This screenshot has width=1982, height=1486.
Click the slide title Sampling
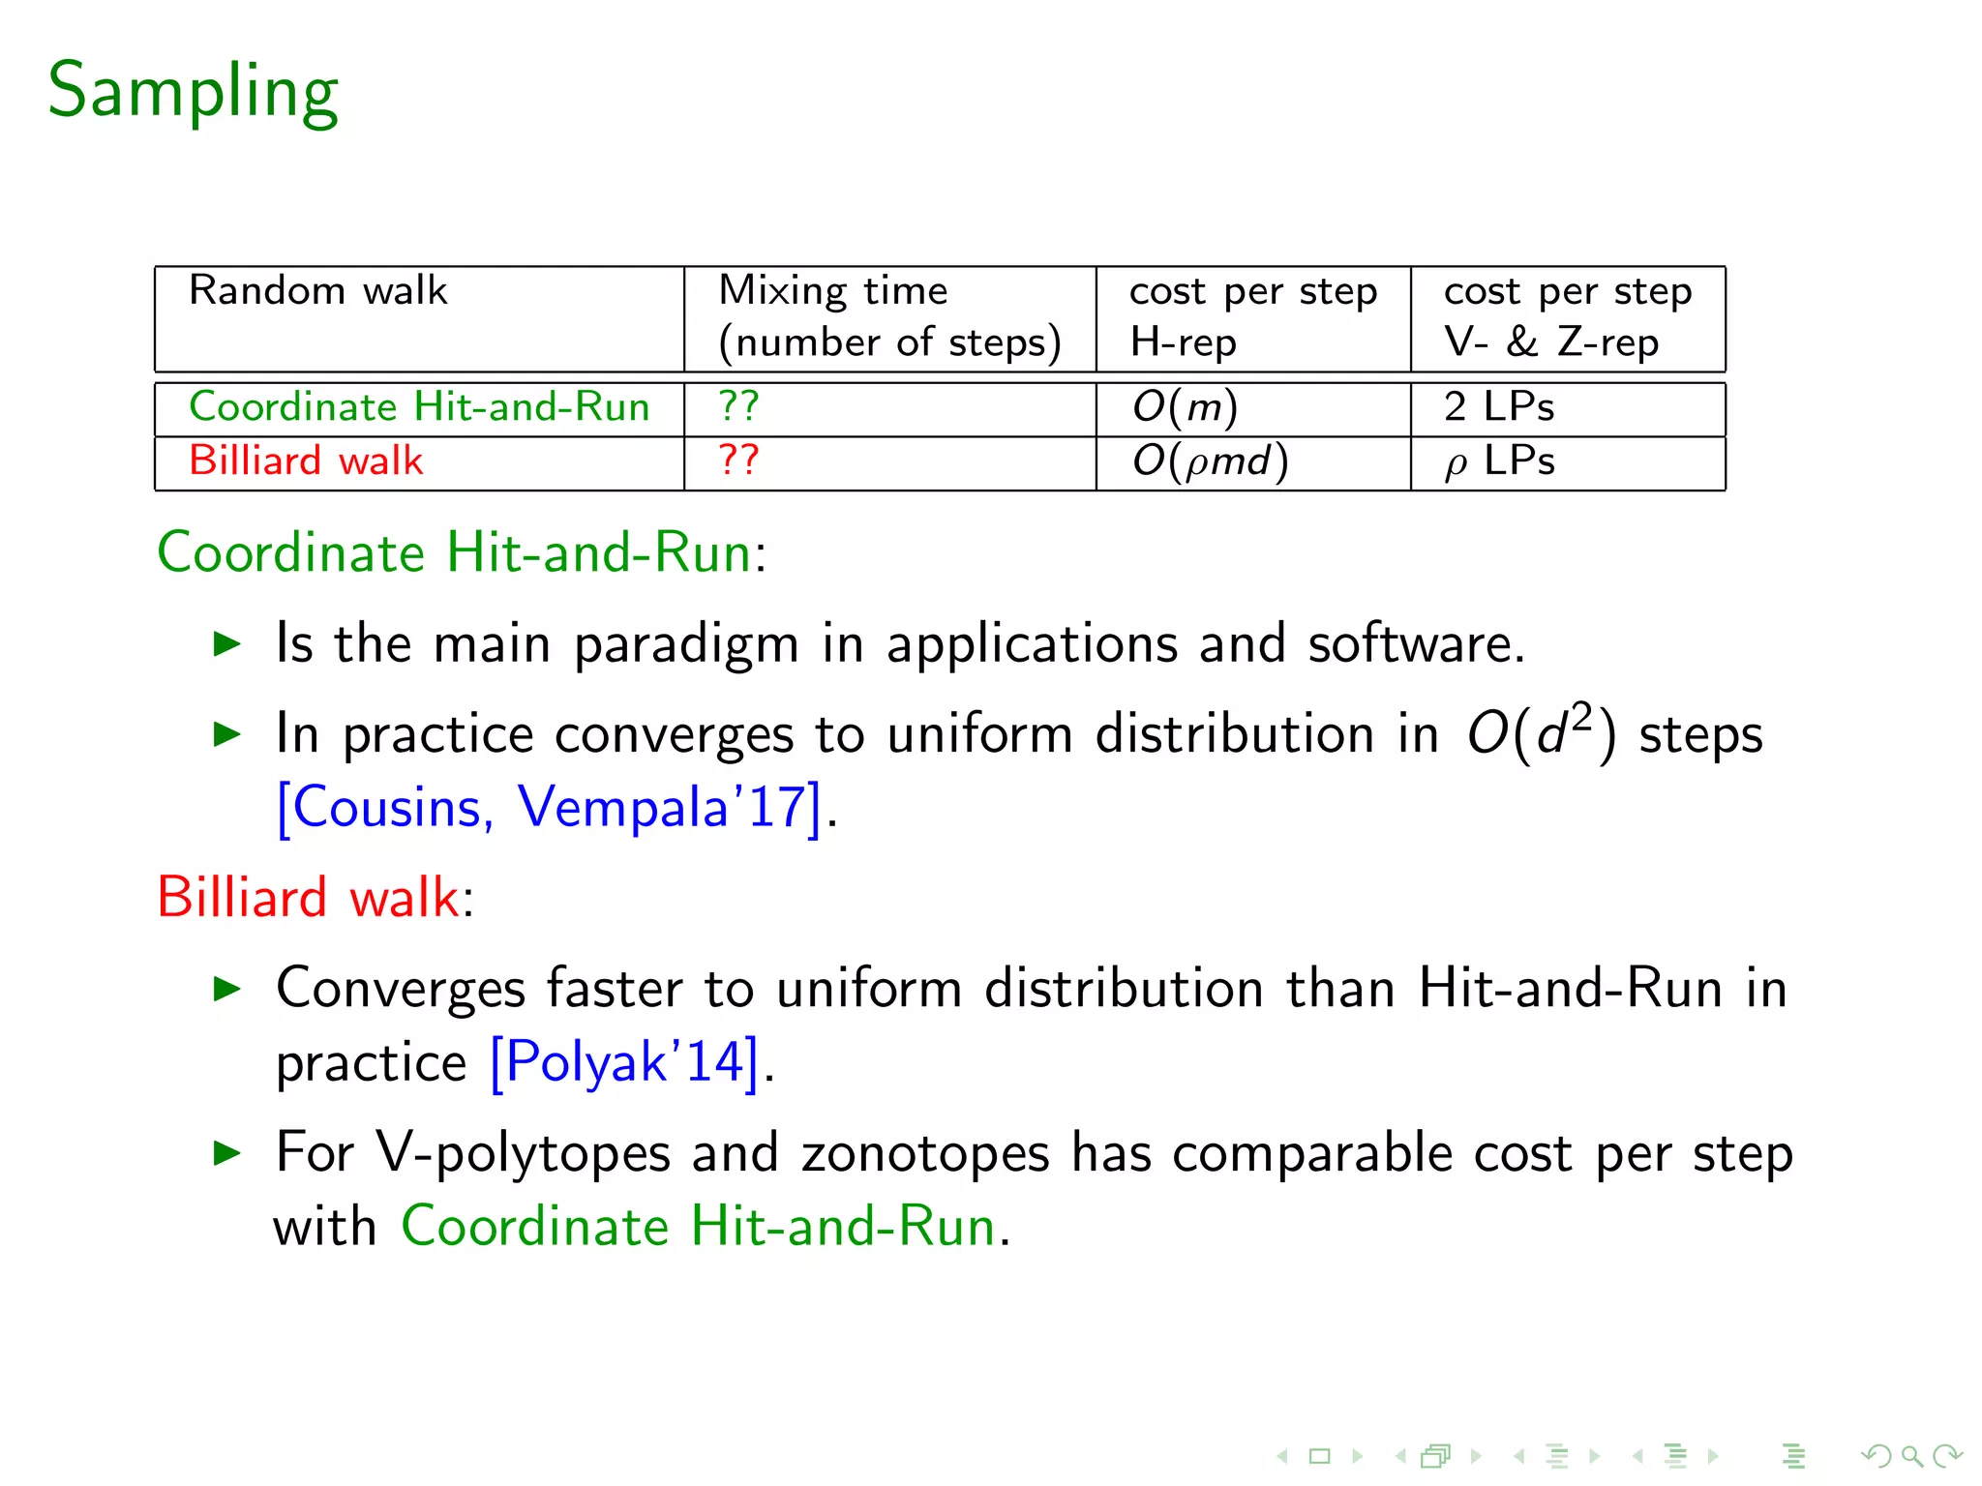click(x=194, y=92)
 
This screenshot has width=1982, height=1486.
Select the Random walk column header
click(x=317, y=291)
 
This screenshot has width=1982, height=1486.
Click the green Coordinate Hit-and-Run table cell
click(x=419, y=407)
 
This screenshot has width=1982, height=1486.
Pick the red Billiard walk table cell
click(x=306, y=461)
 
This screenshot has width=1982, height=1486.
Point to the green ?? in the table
click(x=738, y=406)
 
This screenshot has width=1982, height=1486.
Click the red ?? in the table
click(x=738, y=460)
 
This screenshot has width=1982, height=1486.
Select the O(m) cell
click(x=1185, y=407)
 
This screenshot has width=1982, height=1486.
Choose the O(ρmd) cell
click(x=1210, y=461)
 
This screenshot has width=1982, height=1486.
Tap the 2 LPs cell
click(x=1498, y=407)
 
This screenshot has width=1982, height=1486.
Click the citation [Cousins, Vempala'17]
click(x=549, y=808)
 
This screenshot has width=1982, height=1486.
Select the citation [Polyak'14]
click(x=624, y=1063)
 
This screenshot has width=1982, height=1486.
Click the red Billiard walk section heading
click(x=308, y=898)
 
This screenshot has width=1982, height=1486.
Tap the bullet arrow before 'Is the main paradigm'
click(x=226, y=643)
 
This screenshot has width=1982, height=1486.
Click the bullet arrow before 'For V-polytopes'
click(x=226, y=1152)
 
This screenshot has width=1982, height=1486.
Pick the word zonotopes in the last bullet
click(x=925, y=1154)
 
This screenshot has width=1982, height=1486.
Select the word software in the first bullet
click(x=1415, y=644)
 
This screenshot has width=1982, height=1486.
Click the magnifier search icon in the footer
click(x=1911, y=1456)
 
